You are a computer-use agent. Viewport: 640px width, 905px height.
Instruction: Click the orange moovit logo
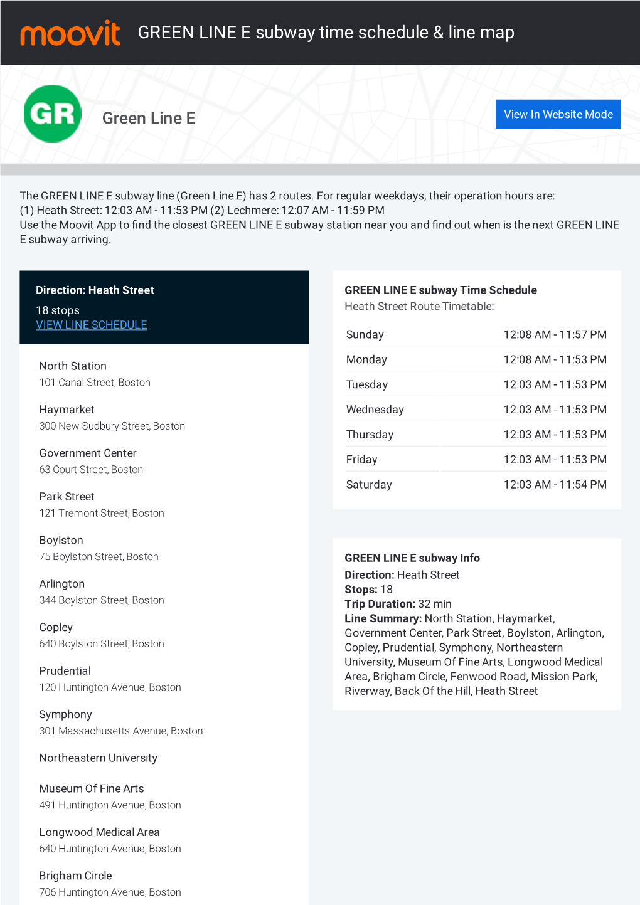(70, 33)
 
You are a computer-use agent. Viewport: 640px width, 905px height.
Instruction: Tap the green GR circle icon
(53, 114)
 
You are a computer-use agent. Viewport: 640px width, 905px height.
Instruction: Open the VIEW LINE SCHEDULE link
(92, 325)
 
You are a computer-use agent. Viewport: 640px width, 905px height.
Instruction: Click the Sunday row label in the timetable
(365, 335)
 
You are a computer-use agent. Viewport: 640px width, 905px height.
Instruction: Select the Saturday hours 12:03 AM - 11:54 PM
(555, 485)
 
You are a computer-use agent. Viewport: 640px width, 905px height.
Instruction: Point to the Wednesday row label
(375, 410)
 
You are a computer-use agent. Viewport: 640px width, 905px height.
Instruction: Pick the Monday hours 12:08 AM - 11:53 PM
(555, 360)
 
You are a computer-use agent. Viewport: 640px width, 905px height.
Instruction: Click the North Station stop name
(73, 366)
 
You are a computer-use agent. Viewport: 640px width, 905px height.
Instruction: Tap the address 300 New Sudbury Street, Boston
(112, 426)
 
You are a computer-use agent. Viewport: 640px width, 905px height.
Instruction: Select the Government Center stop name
(88, 453)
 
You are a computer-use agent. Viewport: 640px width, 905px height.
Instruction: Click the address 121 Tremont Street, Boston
(102, 514)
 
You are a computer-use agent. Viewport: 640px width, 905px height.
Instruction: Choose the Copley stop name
(56, 628)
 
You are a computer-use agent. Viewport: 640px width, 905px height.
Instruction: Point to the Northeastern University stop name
(99, 758)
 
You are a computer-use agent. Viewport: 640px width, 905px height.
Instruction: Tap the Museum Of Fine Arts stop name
(92, 789)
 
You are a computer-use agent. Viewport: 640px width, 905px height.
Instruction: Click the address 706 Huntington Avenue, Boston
(110, 892)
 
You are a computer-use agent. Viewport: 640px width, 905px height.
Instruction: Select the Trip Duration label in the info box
(380, 605)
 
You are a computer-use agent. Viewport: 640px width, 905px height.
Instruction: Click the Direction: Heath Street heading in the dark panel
(95, 290)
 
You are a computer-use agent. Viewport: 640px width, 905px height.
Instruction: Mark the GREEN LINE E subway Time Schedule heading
(440, 290)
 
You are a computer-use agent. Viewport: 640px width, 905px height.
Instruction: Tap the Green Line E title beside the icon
(149, 119)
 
